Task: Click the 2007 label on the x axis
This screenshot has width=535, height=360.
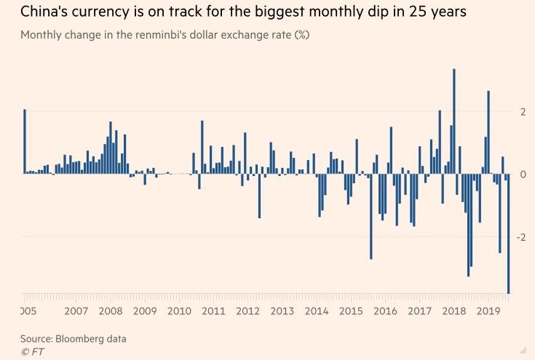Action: pyautogui.click(x=76, y=311)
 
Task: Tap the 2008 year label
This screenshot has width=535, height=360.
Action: pyautogui.click(x=111, y=311)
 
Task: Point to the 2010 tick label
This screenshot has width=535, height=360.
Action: pyautogui.click(x=178, y=311)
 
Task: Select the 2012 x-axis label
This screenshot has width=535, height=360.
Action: pyautogui.click(x=247, y=311)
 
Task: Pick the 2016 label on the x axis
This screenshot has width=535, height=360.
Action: pyautogui.click(x=385, y=311)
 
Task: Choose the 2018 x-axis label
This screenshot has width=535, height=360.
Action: pyautogui.click(x=453, y=311)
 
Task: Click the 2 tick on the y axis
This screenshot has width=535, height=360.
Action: pyautogui.click(x=521, y=111)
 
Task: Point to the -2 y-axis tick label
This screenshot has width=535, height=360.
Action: pyautogui.click(x=520, y=237)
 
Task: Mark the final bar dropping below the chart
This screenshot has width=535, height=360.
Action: pyautogui.click(x=508, y=233)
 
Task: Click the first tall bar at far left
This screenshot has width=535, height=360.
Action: pyautogui.click(x=24, y=141)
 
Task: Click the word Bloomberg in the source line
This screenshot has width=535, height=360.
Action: pyautogui.click(x=79, y=339)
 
